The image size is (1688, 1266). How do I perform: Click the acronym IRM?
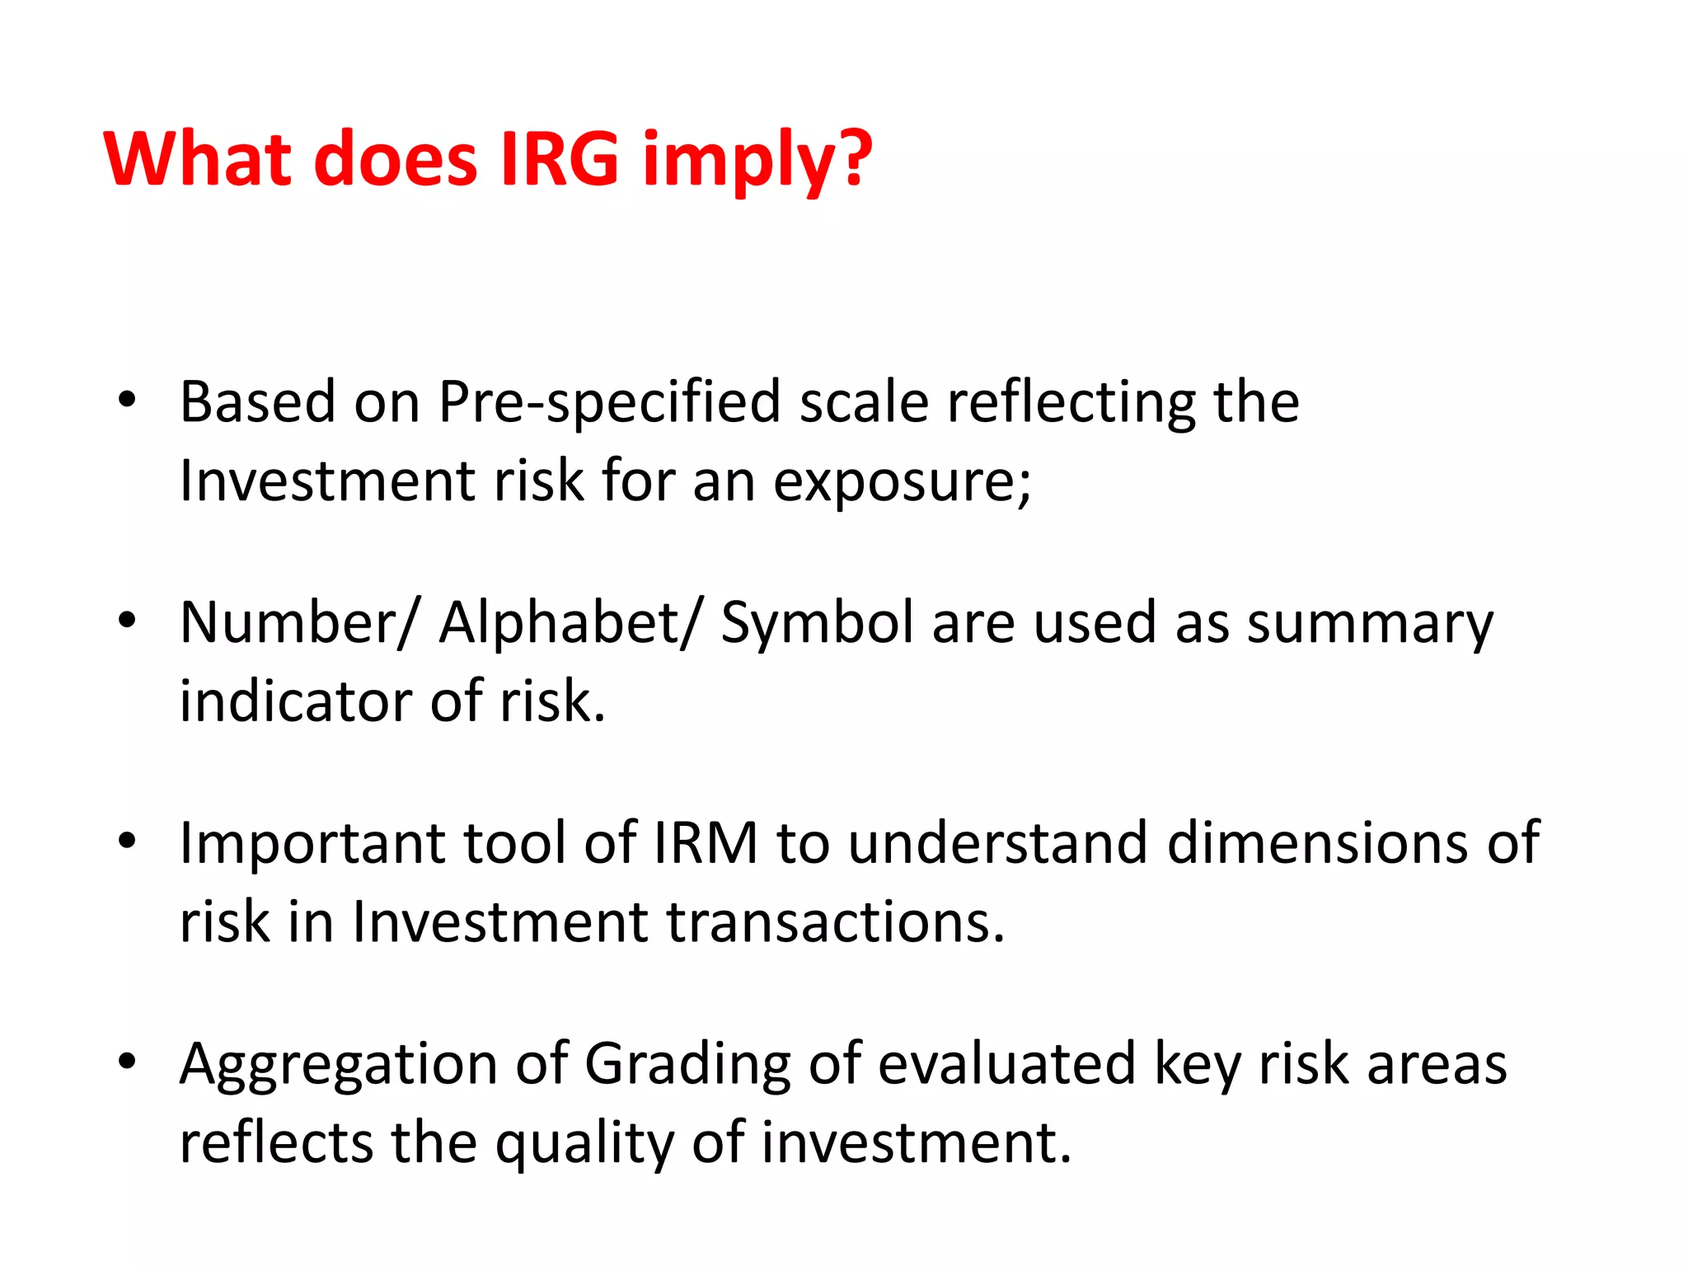tap(705, 843)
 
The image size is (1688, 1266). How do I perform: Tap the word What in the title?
tap(198, 158)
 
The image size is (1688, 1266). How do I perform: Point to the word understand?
tap(997, 843)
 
